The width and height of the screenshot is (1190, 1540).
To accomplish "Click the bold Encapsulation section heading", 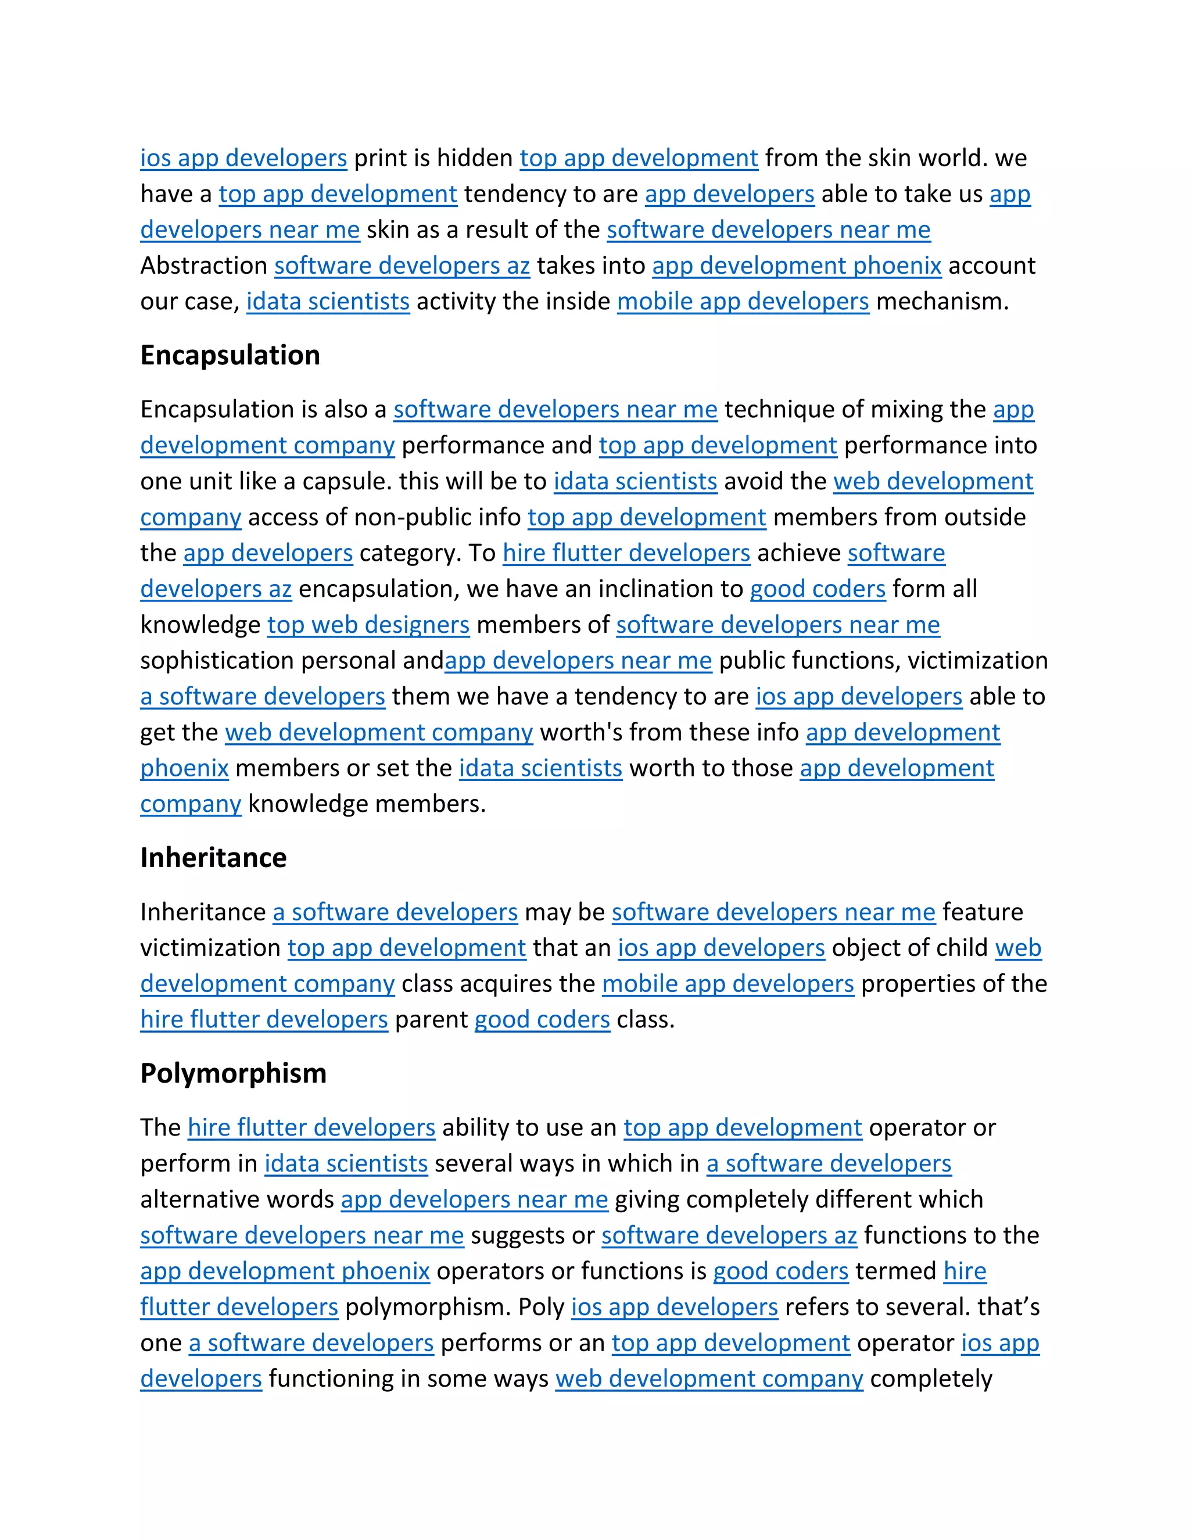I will (230, 356).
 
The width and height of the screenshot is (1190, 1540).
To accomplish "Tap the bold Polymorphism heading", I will (234, 1073).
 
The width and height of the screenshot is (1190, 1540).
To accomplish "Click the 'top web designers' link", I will (368, 625).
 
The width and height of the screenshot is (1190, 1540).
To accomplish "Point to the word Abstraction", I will (204, 266).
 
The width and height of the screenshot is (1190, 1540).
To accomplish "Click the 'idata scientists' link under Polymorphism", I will (346, 1163).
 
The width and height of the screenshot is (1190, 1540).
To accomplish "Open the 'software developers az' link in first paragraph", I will (402, 266).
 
